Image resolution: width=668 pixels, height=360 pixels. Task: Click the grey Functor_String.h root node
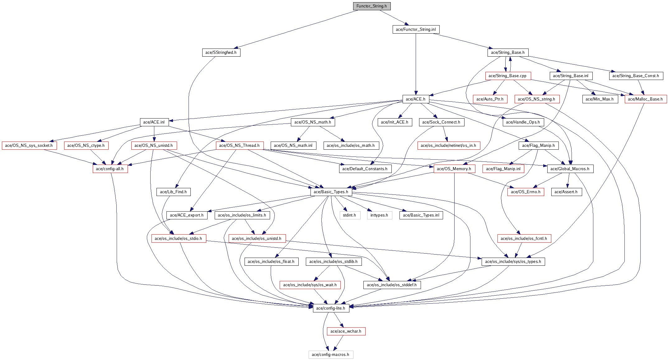[x=371, y=6]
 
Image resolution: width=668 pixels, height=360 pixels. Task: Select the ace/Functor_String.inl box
[x=416, y=30]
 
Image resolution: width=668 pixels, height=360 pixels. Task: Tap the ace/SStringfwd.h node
[x=221, y=53]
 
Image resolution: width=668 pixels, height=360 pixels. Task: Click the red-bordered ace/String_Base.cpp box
[x=508, y=76]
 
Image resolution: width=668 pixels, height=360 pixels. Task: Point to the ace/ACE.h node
[x=416, y=99]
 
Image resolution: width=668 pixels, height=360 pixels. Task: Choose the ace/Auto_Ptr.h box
[x=490, y=99]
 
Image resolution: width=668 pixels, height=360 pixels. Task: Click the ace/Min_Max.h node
[x=600, y=99]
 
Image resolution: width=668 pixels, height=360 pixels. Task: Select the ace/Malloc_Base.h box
[x=646, y=99]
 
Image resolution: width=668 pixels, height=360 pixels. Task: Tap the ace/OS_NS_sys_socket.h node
[x=29, y=146]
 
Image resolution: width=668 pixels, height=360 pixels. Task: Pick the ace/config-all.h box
[x=110, y=169]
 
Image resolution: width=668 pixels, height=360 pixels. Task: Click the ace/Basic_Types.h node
[x=331, y=192]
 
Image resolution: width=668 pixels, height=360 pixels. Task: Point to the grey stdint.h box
[x=350, y=215]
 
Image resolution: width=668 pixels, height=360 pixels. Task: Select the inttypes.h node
[x=379, y=215]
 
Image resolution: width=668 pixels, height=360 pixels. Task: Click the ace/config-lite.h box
[x=331, y=308]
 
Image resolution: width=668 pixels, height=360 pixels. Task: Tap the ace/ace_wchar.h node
[x=346, y=331]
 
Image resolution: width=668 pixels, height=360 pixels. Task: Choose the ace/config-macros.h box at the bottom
[x=331, y=355]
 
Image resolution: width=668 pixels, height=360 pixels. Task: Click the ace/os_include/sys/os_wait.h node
[x=310, y=285]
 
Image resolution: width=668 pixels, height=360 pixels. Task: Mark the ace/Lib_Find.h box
[x=173, y=192]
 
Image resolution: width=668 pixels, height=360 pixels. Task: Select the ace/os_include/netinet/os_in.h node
[x=448, y=146]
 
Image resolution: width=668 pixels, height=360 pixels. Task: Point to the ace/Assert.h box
[x=566, y=192]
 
